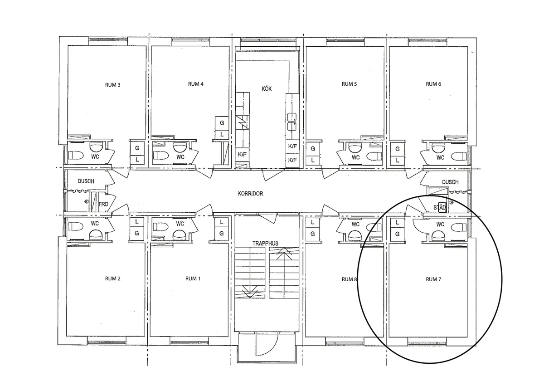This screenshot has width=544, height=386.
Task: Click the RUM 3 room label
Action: [112, 85]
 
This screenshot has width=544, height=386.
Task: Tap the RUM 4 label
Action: [195, 84]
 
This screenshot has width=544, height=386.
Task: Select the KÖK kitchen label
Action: [267, 89]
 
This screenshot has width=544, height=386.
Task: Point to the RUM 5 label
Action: [349, 84]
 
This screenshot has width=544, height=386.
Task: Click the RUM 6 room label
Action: [433, 84]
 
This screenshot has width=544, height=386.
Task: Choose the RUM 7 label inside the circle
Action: [433, 279]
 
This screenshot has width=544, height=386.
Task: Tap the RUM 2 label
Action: [112, 279]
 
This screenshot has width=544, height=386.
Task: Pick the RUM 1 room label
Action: [193, 279]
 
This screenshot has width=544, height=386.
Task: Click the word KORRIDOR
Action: [250, 194]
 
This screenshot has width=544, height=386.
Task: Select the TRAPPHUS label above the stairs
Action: [265, 244]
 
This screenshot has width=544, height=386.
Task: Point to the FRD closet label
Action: [103, 204]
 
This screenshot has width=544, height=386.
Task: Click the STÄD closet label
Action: [440, 208]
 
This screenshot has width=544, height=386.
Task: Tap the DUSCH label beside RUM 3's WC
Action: [86, 181]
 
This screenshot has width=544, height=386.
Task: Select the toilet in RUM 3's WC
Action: [76, 155]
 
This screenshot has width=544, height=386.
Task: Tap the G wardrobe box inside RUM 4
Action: [222, 123]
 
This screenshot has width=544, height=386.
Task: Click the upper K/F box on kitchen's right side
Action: [292, 147]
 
